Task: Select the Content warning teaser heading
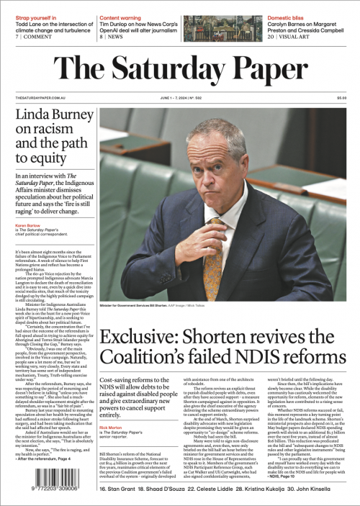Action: pyautogui.click(x=121, y=17)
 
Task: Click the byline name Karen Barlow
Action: pyautogui.click(x=26, y=225)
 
